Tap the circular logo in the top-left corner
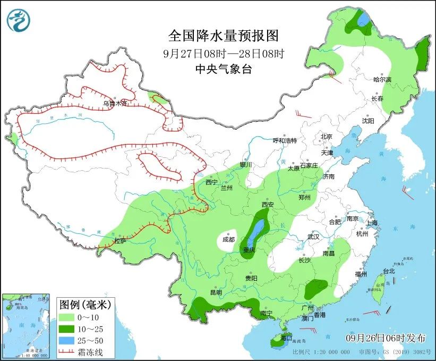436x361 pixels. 19,19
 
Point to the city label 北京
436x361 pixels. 326,137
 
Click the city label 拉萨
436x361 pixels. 120,241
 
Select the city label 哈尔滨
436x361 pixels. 382,79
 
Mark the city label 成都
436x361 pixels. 228,239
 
